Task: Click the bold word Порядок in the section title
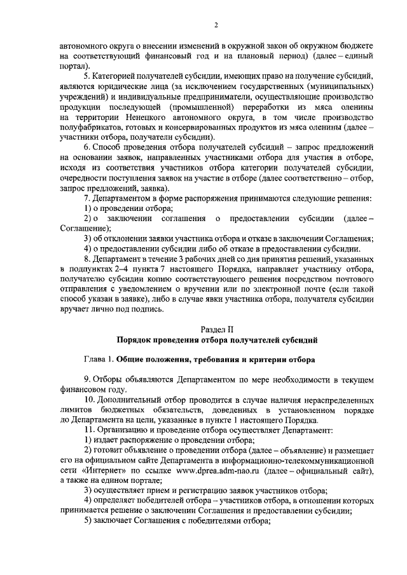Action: pyautogui.click(x=130, y=341)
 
